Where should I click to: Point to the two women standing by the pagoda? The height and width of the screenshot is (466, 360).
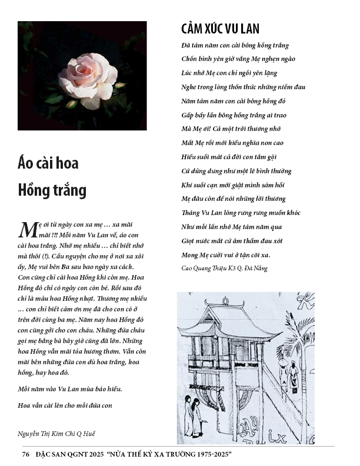click(192, 414)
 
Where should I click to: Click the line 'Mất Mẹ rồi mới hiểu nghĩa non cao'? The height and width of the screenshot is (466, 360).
click(232, 143)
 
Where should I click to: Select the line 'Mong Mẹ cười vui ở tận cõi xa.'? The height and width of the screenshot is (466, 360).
click(226, 254)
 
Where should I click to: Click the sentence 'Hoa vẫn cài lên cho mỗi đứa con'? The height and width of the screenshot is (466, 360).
click(65, 405)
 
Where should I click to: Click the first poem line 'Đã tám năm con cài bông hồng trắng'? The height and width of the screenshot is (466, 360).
click(235, 45)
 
